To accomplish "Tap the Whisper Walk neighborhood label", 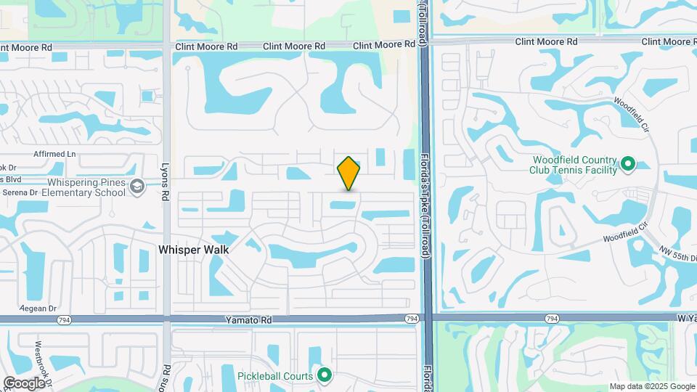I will coord(194,250).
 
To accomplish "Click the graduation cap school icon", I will coord(136,188).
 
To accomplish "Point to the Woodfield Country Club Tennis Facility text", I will coord(574,165).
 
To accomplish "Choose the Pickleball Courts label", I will coord(275,376).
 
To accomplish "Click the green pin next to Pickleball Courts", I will coord(325,375).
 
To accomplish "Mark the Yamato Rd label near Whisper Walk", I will coord(248,319).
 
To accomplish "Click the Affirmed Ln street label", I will coord(54,155).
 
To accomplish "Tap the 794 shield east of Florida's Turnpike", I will coord(553,318).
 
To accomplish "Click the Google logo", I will coord(24,383).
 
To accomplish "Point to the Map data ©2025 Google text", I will coord(651,386).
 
